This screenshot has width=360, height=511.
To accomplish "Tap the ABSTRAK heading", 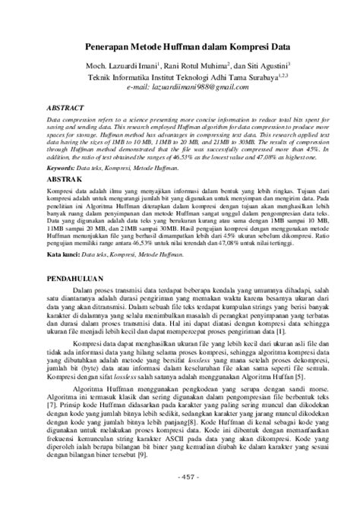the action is [63, 175].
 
